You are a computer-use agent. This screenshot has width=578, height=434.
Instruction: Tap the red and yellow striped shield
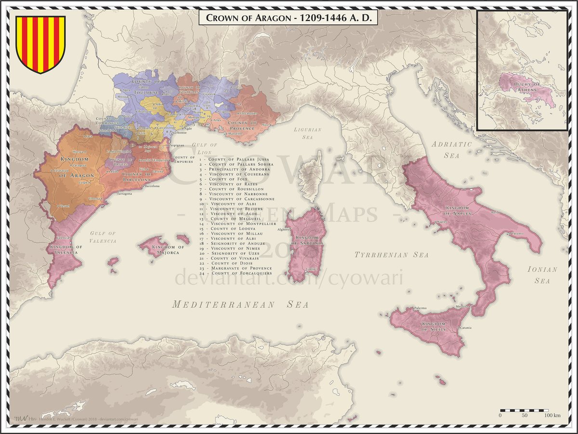point(40,43)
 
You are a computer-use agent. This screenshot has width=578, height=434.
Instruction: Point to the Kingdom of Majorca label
point(166,250)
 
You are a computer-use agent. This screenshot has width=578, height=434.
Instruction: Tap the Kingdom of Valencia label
point(66,250)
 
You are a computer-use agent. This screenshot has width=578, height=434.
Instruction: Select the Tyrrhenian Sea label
point(388,254)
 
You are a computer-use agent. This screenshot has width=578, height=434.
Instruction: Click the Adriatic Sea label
point(452,149)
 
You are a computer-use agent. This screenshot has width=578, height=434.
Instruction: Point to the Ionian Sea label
point(542,275)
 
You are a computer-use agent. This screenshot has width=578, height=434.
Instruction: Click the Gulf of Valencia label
point(103,237)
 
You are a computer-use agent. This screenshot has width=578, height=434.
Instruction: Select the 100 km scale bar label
point(552,415)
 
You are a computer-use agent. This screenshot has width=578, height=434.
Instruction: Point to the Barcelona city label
point(149,186)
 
